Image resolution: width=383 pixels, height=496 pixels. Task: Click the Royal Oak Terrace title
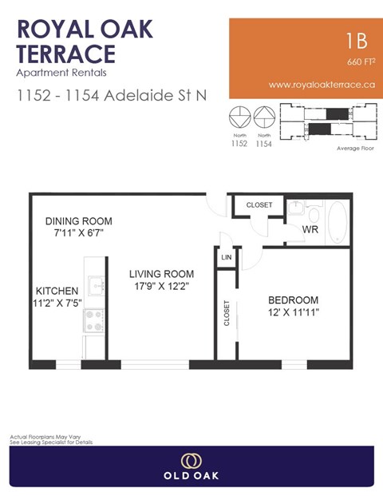(85, 42)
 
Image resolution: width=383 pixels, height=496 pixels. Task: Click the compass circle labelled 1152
(240, 117)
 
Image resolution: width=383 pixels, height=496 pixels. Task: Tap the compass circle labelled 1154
(263, 117)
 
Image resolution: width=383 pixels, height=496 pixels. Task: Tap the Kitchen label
(56, 291)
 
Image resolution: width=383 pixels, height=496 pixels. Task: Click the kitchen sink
(97, 284)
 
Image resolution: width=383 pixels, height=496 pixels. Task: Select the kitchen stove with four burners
(95, 320)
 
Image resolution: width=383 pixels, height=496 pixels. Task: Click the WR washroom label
(310, 230)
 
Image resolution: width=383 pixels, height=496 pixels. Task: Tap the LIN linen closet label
(226, 258)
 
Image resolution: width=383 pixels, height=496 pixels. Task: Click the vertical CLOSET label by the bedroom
(227, 315)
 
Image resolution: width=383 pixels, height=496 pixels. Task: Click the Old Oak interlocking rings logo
(191, 460)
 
